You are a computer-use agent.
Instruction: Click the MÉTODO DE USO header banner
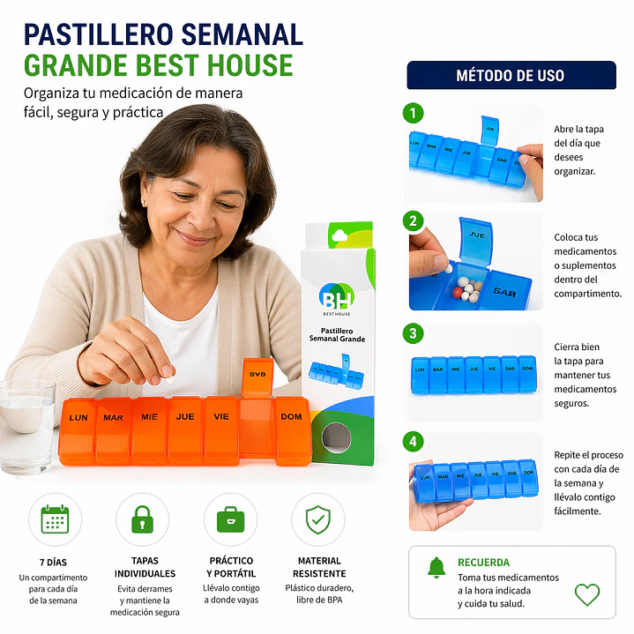(x=511, y=75)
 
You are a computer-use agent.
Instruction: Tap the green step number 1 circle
(x=413, y=114)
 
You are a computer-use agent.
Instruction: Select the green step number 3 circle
(x=413, y=333)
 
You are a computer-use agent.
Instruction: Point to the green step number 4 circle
(x=413, y=441)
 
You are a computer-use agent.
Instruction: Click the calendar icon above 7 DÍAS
(x=55, y=519)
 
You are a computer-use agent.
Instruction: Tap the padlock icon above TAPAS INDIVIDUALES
(x=142, y=519)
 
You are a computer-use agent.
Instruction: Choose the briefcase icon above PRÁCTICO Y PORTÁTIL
(x=230, y=519)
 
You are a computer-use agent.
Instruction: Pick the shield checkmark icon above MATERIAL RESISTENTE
(x=318, y=519)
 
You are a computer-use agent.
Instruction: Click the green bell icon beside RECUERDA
(x=436, y=567)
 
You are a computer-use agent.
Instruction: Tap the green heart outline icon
(x=587, y=594)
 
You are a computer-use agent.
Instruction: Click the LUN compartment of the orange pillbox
(x=78, y=429)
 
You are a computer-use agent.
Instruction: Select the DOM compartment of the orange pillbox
(x=292, y=429)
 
